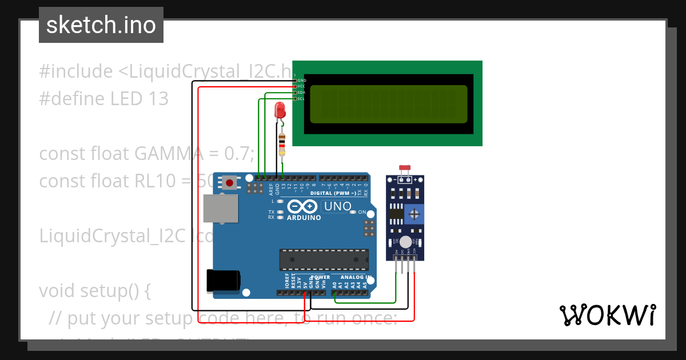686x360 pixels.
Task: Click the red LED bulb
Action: pos(280,110)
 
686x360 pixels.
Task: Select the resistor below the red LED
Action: pos(281,145)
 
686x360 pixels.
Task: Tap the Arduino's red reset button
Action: pos(230,183)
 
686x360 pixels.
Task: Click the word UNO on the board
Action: pos(337,206)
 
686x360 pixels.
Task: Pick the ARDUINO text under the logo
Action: pos(304,218)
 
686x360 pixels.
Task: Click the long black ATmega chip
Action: pos(324,259)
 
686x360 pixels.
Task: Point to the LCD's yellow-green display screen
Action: pos(389,105)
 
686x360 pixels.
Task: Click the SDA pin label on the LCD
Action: pos(301,93)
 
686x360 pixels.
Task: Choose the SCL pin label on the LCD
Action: pos(301,99)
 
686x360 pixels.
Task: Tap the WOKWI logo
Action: pos(607,315)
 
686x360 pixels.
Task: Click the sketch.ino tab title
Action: pos(101,25)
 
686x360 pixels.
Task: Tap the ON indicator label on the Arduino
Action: pos(361,212)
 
